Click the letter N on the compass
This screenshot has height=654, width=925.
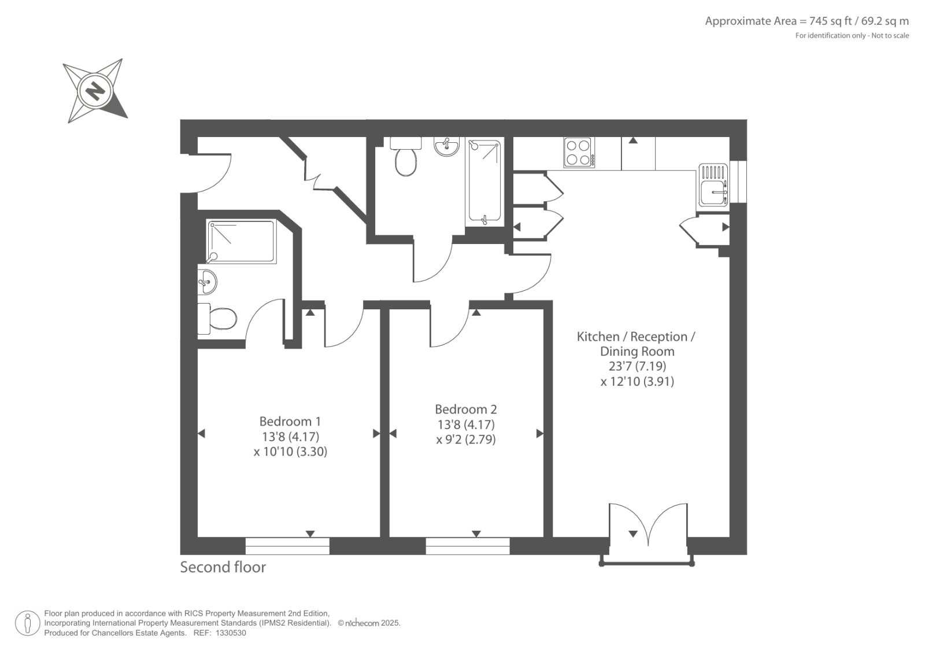(x=95, y=91)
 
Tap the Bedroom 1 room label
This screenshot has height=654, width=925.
(x=290, y=422)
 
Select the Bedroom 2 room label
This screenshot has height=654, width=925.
(x=466, y=409)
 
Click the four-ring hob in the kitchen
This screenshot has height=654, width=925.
(x=579, y=153)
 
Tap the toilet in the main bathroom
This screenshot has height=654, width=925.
(x=406, y=157)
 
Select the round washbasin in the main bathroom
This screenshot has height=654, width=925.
(x=446, y=146)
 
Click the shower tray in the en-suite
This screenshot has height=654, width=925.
(x=242, y=241)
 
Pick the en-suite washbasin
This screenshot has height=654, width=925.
(x=208, y=282)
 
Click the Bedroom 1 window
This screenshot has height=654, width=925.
(x=287, y=546)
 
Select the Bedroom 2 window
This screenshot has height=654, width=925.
(x=468, y=546)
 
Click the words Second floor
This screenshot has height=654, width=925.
(x=223, y=567)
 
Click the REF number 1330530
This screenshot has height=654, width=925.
(x=231, y=633)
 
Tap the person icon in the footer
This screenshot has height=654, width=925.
(x=28, y=623)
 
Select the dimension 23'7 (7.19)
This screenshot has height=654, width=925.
(x=637, y=366)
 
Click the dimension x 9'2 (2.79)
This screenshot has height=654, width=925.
(x=466, y=439)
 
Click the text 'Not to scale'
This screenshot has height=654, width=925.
(x=890, y=35)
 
